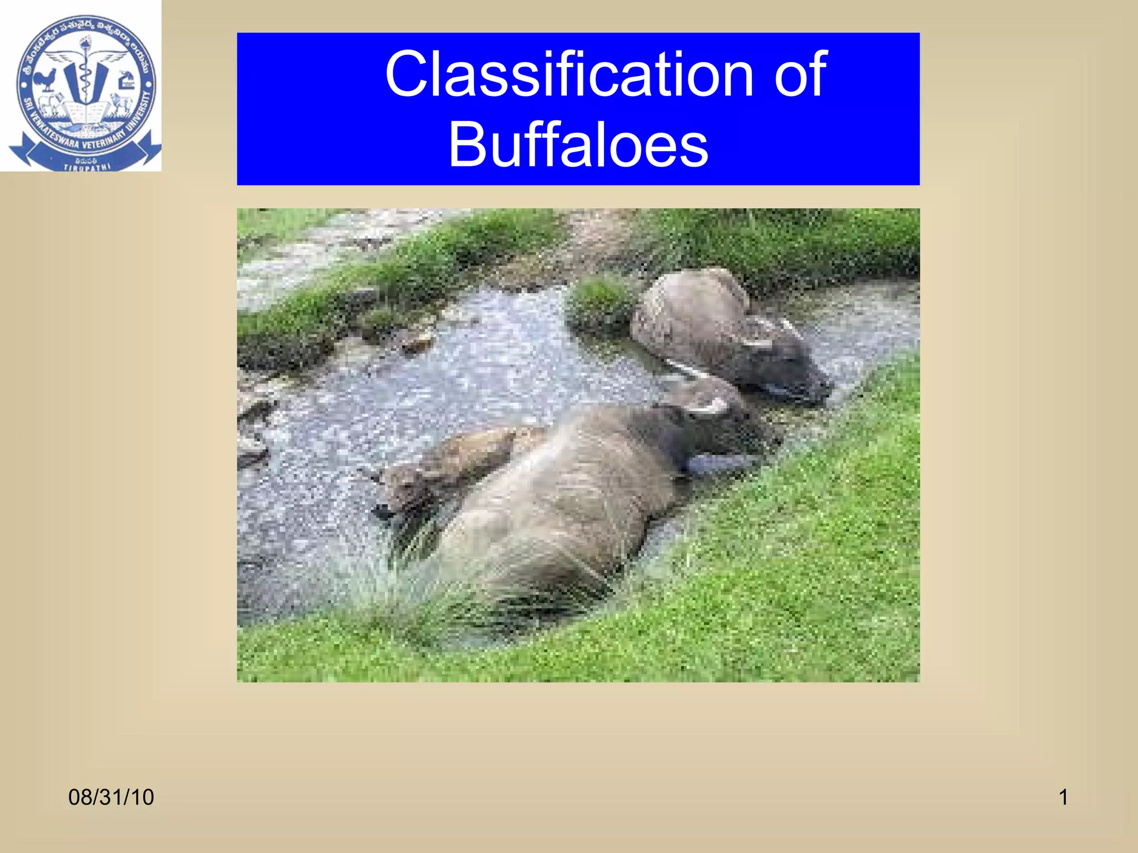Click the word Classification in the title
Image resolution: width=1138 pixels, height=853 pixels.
tap(568, 74)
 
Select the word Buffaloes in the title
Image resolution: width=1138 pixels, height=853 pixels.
tap(578, 144)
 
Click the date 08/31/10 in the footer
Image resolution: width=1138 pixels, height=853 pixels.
tap(111, 797)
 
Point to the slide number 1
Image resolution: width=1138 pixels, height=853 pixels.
tap(1063, 797)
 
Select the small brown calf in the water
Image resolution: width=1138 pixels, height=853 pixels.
tap(445, 466)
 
